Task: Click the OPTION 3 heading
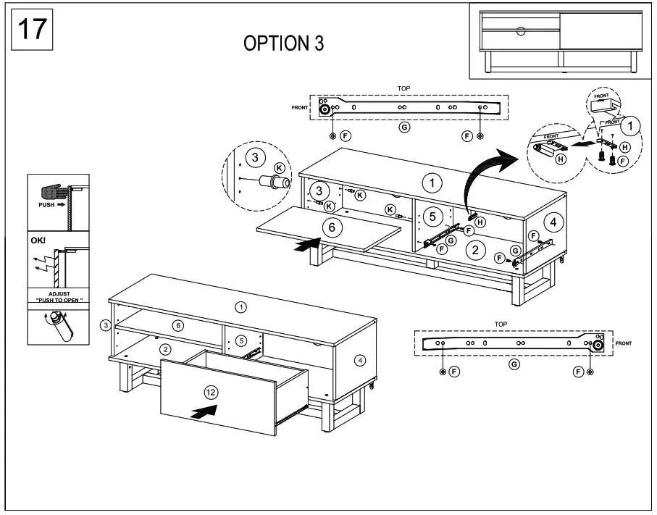[283, 43]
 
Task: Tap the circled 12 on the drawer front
[211, 392]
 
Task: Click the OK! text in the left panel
[38, 239]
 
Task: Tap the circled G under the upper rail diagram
[404, 127]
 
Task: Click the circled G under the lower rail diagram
[514, 364]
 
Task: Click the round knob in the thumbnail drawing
[521, 31]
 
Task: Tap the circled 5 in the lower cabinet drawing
[242, 340]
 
